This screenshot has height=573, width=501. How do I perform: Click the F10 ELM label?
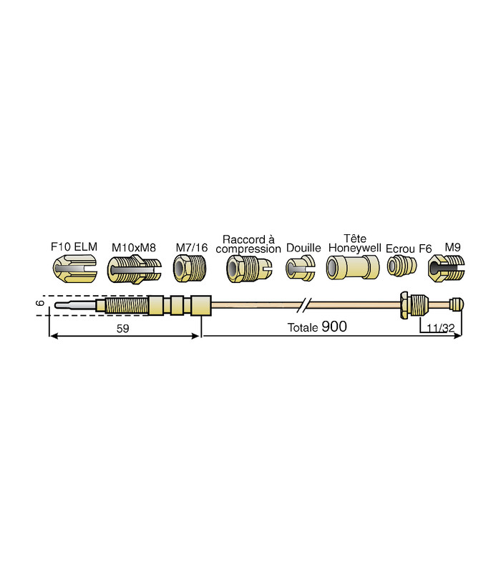click(x=74, y=246)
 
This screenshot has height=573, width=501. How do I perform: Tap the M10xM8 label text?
click(x=134, y=248)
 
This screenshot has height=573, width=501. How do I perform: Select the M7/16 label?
click(x=192, y=248)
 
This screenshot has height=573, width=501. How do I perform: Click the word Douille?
click(x=303, y=248)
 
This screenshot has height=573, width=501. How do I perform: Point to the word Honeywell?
click(x=355, y=248)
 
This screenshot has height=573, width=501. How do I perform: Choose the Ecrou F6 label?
click(x=409, y=249)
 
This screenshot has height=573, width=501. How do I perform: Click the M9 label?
click(x=452, y=247)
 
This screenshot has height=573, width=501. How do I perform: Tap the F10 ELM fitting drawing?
click(x=75, y=269)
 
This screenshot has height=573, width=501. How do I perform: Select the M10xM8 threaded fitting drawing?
click(x=134, y=270)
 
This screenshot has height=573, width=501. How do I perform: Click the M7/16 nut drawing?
click(x=190, y=268)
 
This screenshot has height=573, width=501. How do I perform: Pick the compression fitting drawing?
click(x=249, y=269)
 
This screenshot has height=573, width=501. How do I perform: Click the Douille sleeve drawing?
click(x=301, y=269)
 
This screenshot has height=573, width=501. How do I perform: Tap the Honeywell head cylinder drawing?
click(x=353, y=267)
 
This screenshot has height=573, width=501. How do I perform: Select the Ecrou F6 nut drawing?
click(x=402, y=266)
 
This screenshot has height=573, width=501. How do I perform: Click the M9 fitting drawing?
click(x=446, y=269)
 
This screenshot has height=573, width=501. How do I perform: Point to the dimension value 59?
click(x=122, y=329)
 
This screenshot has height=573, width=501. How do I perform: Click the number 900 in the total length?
click(x=334, y=327)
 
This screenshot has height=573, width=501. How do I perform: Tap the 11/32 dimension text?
click(x=441, y=328)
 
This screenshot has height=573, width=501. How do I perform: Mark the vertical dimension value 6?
click(x=41, y=303)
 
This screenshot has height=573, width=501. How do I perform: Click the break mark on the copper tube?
click(x=303, y=305)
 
